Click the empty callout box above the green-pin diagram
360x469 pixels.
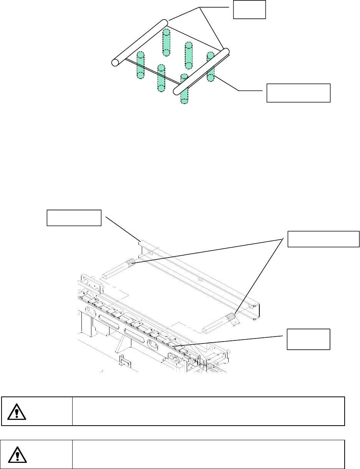249,9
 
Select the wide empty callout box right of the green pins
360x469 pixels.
299,92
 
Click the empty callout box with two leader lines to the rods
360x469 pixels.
324,239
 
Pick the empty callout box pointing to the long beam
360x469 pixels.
74,218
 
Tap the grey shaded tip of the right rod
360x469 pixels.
231,317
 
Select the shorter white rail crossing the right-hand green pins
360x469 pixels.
201,71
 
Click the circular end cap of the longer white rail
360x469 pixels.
115,62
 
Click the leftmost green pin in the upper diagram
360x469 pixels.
140,65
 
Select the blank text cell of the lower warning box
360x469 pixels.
207,455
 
